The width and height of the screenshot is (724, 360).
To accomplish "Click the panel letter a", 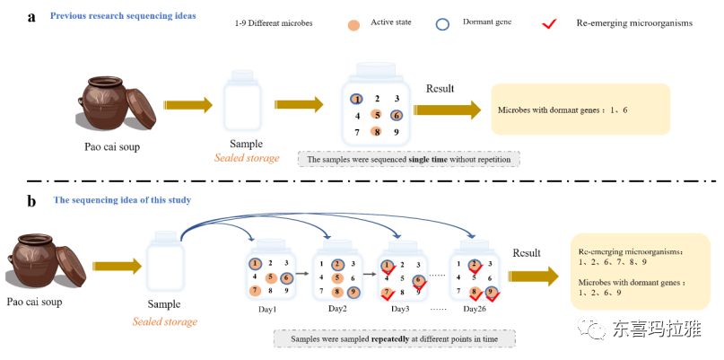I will [x=31, y=16].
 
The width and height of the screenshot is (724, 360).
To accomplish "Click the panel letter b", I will [x=31, y=200].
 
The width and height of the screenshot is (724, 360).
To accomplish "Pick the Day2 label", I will [x=337, y=309].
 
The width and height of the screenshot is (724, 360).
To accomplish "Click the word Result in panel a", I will [x=441, y=89].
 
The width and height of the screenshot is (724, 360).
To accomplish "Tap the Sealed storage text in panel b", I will [x=165, y=321].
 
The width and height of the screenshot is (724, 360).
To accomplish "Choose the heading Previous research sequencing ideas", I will [x=123, y=16].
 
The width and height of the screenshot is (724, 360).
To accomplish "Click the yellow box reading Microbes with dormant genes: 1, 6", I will [x=580, y=110].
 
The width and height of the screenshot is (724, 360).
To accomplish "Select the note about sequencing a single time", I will [x=409, y=159].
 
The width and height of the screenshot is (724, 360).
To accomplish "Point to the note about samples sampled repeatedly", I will [x=394, y=338].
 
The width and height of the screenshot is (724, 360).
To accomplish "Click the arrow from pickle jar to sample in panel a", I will [x=188, y=105].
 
